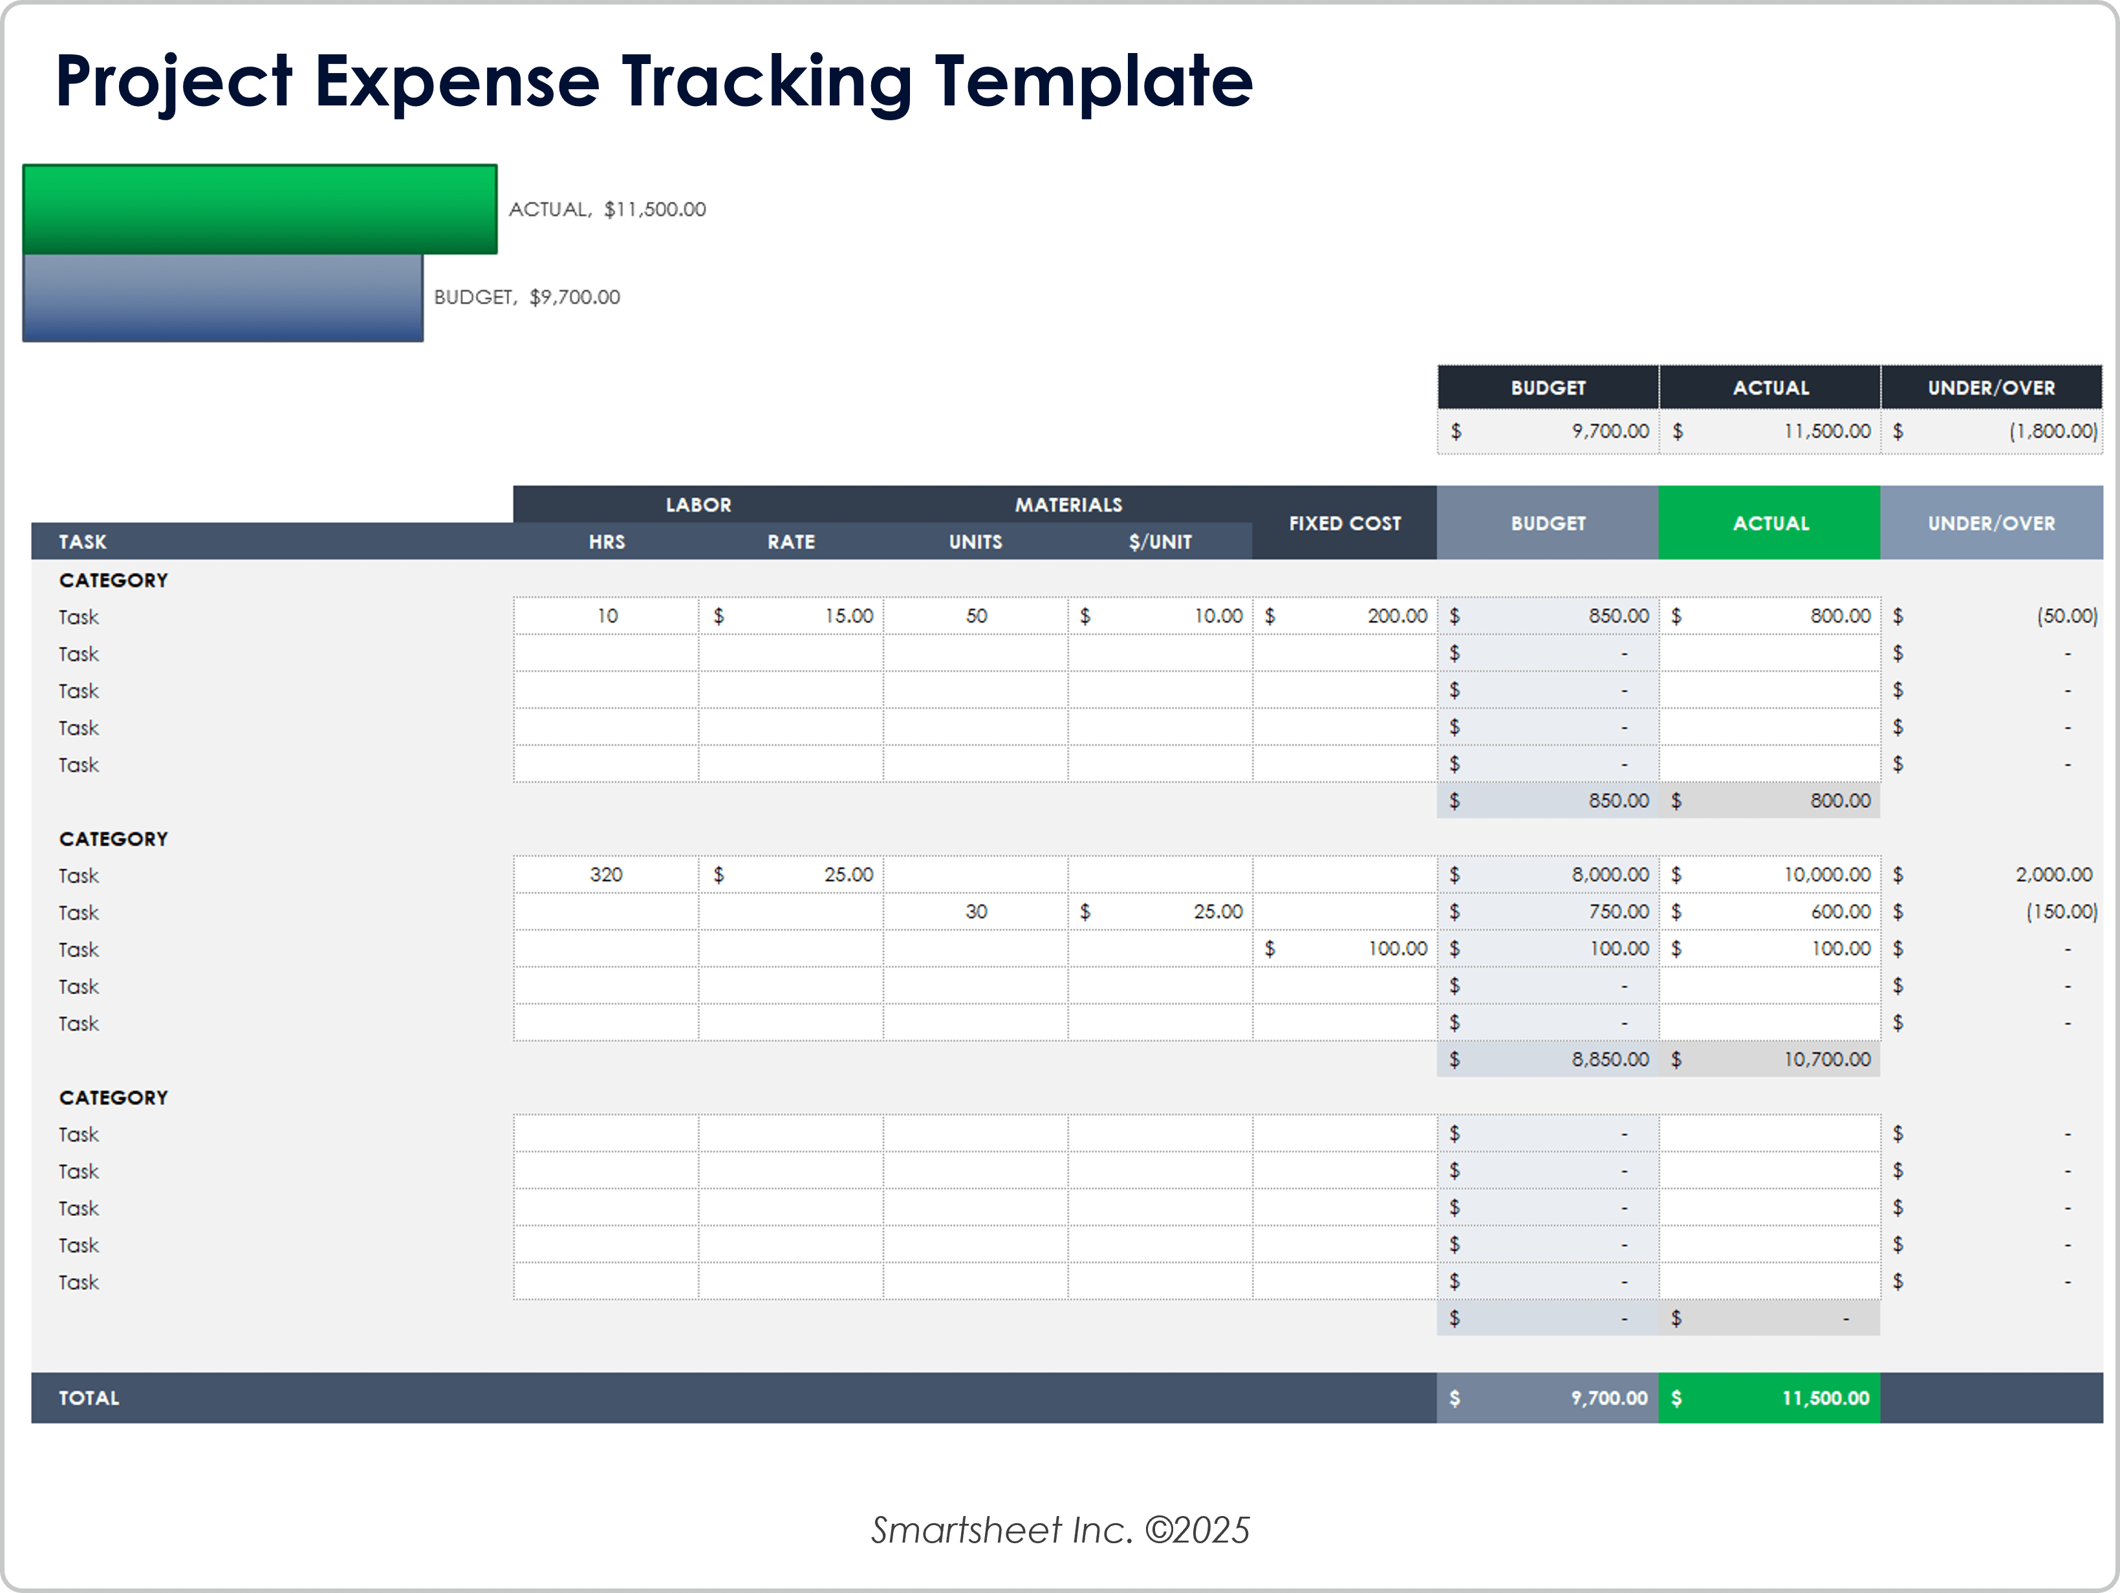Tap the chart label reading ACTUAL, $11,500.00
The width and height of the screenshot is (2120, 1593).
click(607, 209)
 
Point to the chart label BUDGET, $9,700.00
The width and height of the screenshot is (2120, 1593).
click(526, 297)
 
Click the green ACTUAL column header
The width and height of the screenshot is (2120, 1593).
click(1769, 523)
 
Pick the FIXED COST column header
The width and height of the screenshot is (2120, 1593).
click(1344, 523)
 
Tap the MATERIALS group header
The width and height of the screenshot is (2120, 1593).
click(1068, 505)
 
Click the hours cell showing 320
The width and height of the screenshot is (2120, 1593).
click(606, 875)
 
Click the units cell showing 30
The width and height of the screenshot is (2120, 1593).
click(976, 911)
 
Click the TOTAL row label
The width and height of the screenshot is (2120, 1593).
click(89, 1398)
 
